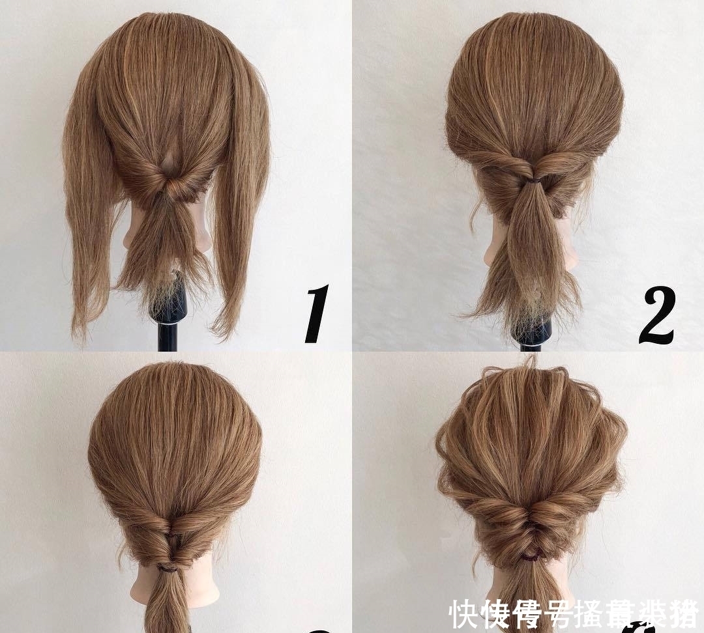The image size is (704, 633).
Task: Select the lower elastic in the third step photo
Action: (169, 568)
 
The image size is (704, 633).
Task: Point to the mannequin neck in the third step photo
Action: (140, 589)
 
